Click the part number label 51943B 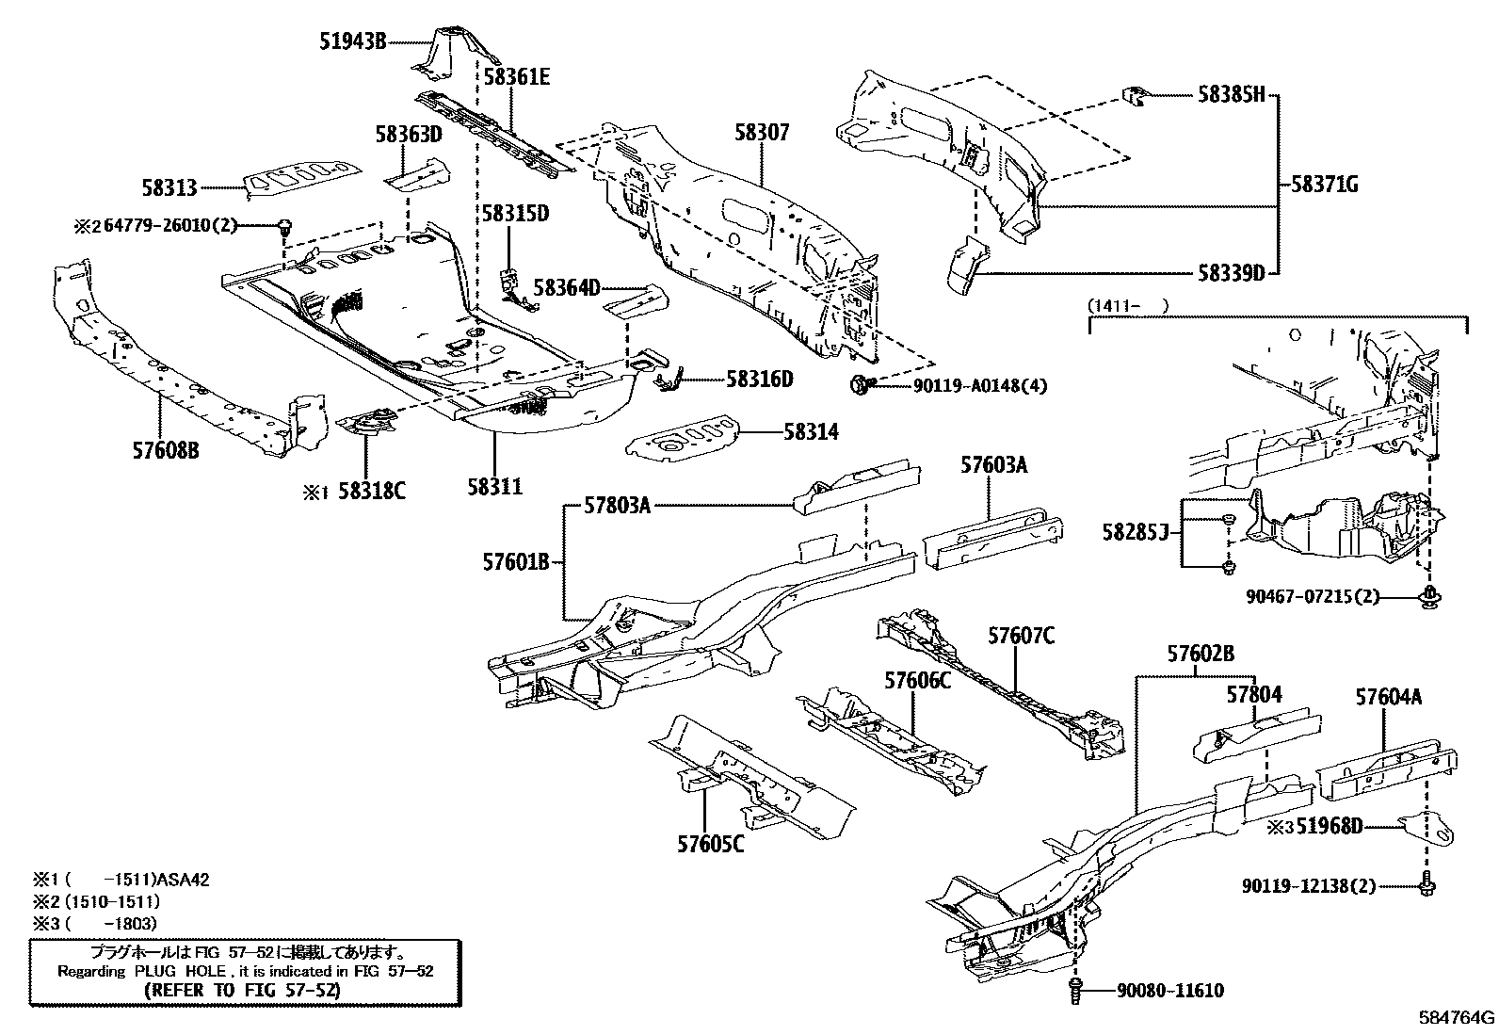(x=349, y=41)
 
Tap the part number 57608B (x=166, y=451)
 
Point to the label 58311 (x=494, y=486)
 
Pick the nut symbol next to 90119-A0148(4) (x=859, y=384)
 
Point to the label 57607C (x=1021, y=637)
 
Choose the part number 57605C (x=710, y=844)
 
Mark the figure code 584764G (x=1458, y=1018)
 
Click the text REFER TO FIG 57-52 (x=244, y=991)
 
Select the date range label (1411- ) (x=1128, y=305)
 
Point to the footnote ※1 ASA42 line (x=122, y=881)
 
